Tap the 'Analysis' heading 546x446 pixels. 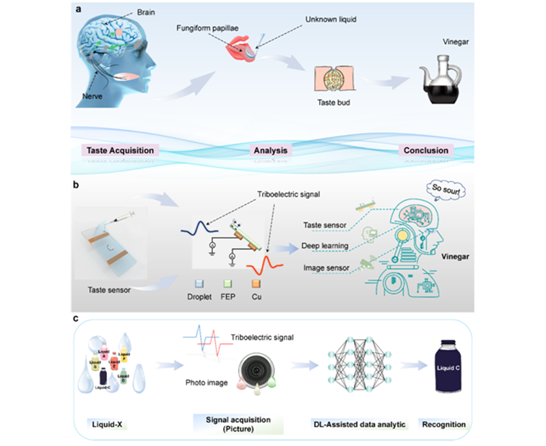tap(270, 150)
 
